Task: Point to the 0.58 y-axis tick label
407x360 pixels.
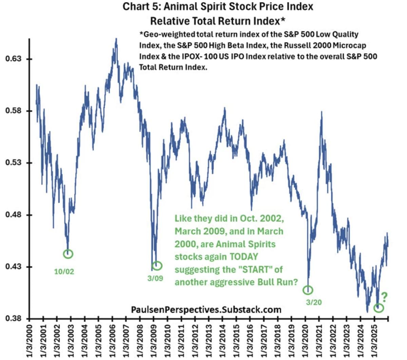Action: pos(14,111)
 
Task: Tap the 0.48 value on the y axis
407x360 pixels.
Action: pos(14,215)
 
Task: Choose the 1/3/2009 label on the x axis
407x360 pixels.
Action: pos(154,340)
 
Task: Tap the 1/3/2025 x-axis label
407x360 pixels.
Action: pos(374,340)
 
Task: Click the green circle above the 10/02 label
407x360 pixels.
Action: pos(68,254)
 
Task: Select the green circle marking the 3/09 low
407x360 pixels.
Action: pos(157,265)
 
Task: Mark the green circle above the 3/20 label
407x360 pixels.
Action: pos(308,290)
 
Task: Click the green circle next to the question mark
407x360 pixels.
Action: pos(379,308)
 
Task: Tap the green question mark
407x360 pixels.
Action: pos(384,297)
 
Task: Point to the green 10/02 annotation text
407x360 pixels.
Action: pos(64,272)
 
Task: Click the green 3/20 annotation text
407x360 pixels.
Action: pos(314,302)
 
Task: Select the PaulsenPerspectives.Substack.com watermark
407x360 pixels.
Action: pos(206,309)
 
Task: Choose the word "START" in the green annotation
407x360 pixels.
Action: pos(253,270)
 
